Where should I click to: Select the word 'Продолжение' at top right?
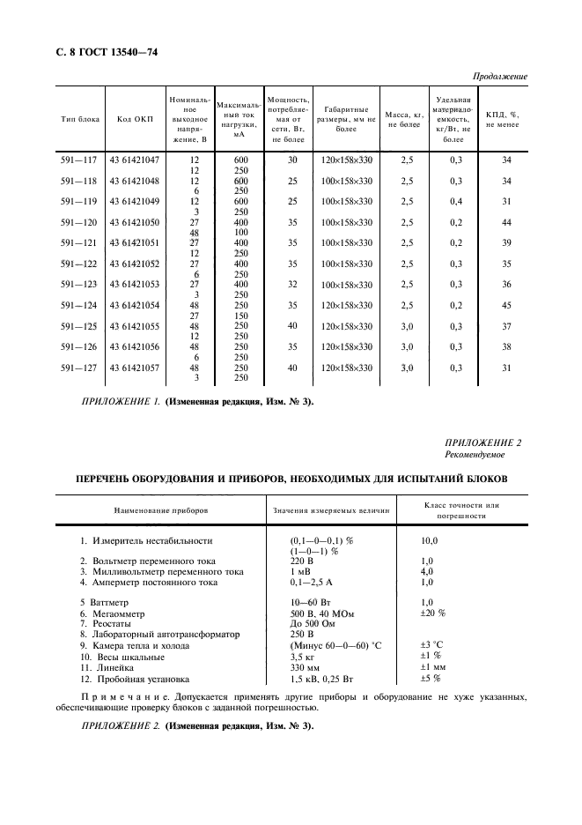(x=500, y=77)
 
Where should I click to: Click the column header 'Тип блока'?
(x=80, y=119)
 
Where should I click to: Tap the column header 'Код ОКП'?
(x=131, y=119)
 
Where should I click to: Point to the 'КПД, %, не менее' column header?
(x=503, y=119)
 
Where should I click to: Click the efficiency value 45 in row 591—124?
(x=505, y=305)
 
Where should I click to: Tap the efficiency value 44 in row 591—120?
(x=505, y=224)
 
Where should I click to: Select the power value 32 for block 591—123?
(x=293, y=285)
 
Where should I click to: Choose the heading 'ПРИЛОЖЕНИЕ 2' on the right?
(x=484, y=443)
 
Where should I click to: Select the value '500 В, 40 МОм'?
(x=320, y=613)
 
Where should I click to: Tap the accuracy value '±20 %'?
(x=434, y=613)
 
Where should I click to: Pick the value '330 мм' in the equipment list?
(x=306, y=668)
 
